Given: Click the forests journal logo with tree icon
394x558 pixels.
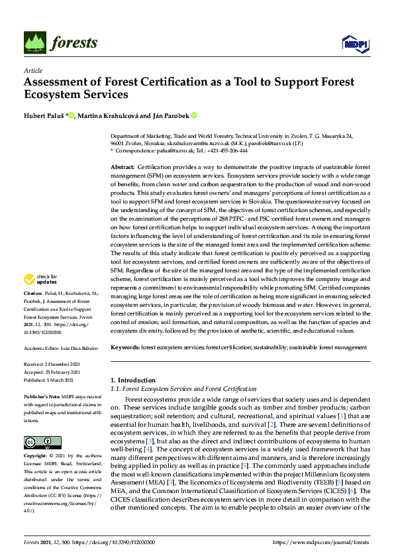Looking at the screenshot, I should pyautogui.click(x=61, y=43).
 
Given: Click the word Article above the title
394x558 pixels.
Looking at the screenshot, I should pyautogui.click(x=32, y=70).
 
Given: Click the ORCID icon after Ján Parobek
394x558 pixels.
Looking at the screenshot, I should pyautogui.click(x=194, y=115).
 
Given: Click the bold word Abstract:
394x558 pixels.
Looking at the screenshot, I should pyautogui.click(x=123, y=168).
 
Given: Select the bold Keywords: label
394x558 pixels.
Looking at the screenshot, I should pyautogui.click(x=126, y=347).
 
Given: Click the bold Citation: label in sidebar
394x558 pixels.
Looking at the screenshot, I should pyautogui.click(x=34, y=293).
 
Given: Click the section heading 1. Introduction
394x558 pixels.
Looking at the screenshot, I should pyautogui.click(x=132, y=380).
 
